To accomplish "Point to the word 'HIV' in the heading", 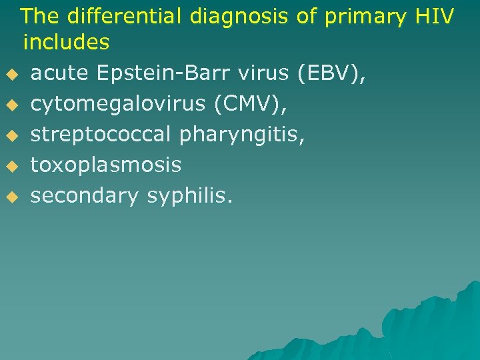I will [433, 15].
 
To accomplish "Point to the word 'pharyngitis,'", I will [243, 134].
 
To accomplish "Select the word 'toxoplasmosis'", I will [106, 165].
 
